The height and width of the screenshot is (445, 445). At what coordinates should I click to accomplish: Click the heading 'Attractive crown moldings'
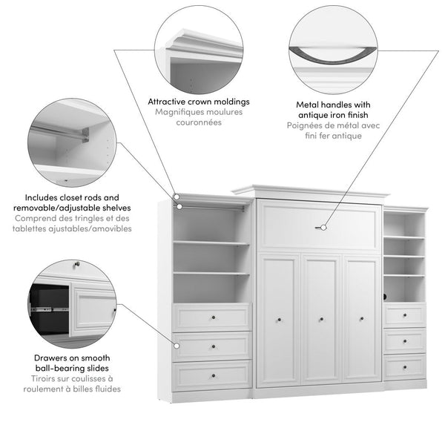[198, 102]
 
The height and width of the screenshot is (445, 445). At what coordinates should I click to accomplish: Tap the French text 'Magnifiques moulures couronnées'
[198, 117]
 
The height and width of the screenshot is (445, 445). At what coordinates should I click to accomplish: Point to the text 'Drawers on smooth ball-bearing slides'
[73, 363]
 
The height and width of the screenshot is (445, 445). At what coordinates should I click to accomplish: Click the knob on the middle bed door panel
[321, 320]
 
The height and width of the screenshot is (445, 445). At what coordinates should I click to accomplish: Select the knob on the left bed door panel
[280, 320]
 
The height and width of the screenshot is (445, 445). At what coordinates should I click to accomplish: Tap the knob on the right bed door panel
[363, 320]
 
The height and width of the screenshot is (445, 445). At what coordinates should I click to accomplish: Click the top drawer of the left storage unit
[212, 317]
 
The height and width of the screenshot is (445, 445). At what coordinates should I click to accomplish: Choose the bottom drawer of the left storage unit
[212, 375]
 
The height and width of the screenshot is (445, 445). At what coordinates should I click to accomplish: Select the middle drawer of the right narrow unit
[404, 340]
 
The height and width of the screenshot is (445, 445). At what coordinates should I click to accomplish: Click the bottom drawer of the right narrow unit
[404, 366]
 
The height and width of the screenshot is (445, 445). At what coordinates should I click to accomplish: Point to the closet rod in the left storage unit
[211, 209]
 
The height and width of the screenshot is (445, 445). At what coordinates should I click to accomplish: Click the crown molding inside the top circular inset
[204, 41]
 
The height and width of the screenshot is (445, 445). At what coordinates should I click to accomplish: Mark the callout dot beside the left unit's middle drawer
[177, 346]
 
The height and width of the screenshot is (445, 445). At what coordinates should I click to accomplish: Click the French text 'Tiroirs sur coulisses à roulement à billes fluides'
[73, 383]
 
